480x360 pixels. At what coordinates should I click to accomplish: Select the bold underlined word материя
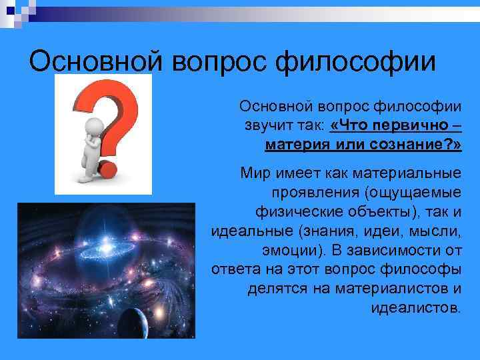coord(293,144)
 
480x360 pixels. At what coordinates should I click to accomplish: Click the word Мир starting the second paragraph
coord(255,174)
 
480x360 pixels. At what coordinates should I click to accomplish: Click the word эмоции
coord(287,251)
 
